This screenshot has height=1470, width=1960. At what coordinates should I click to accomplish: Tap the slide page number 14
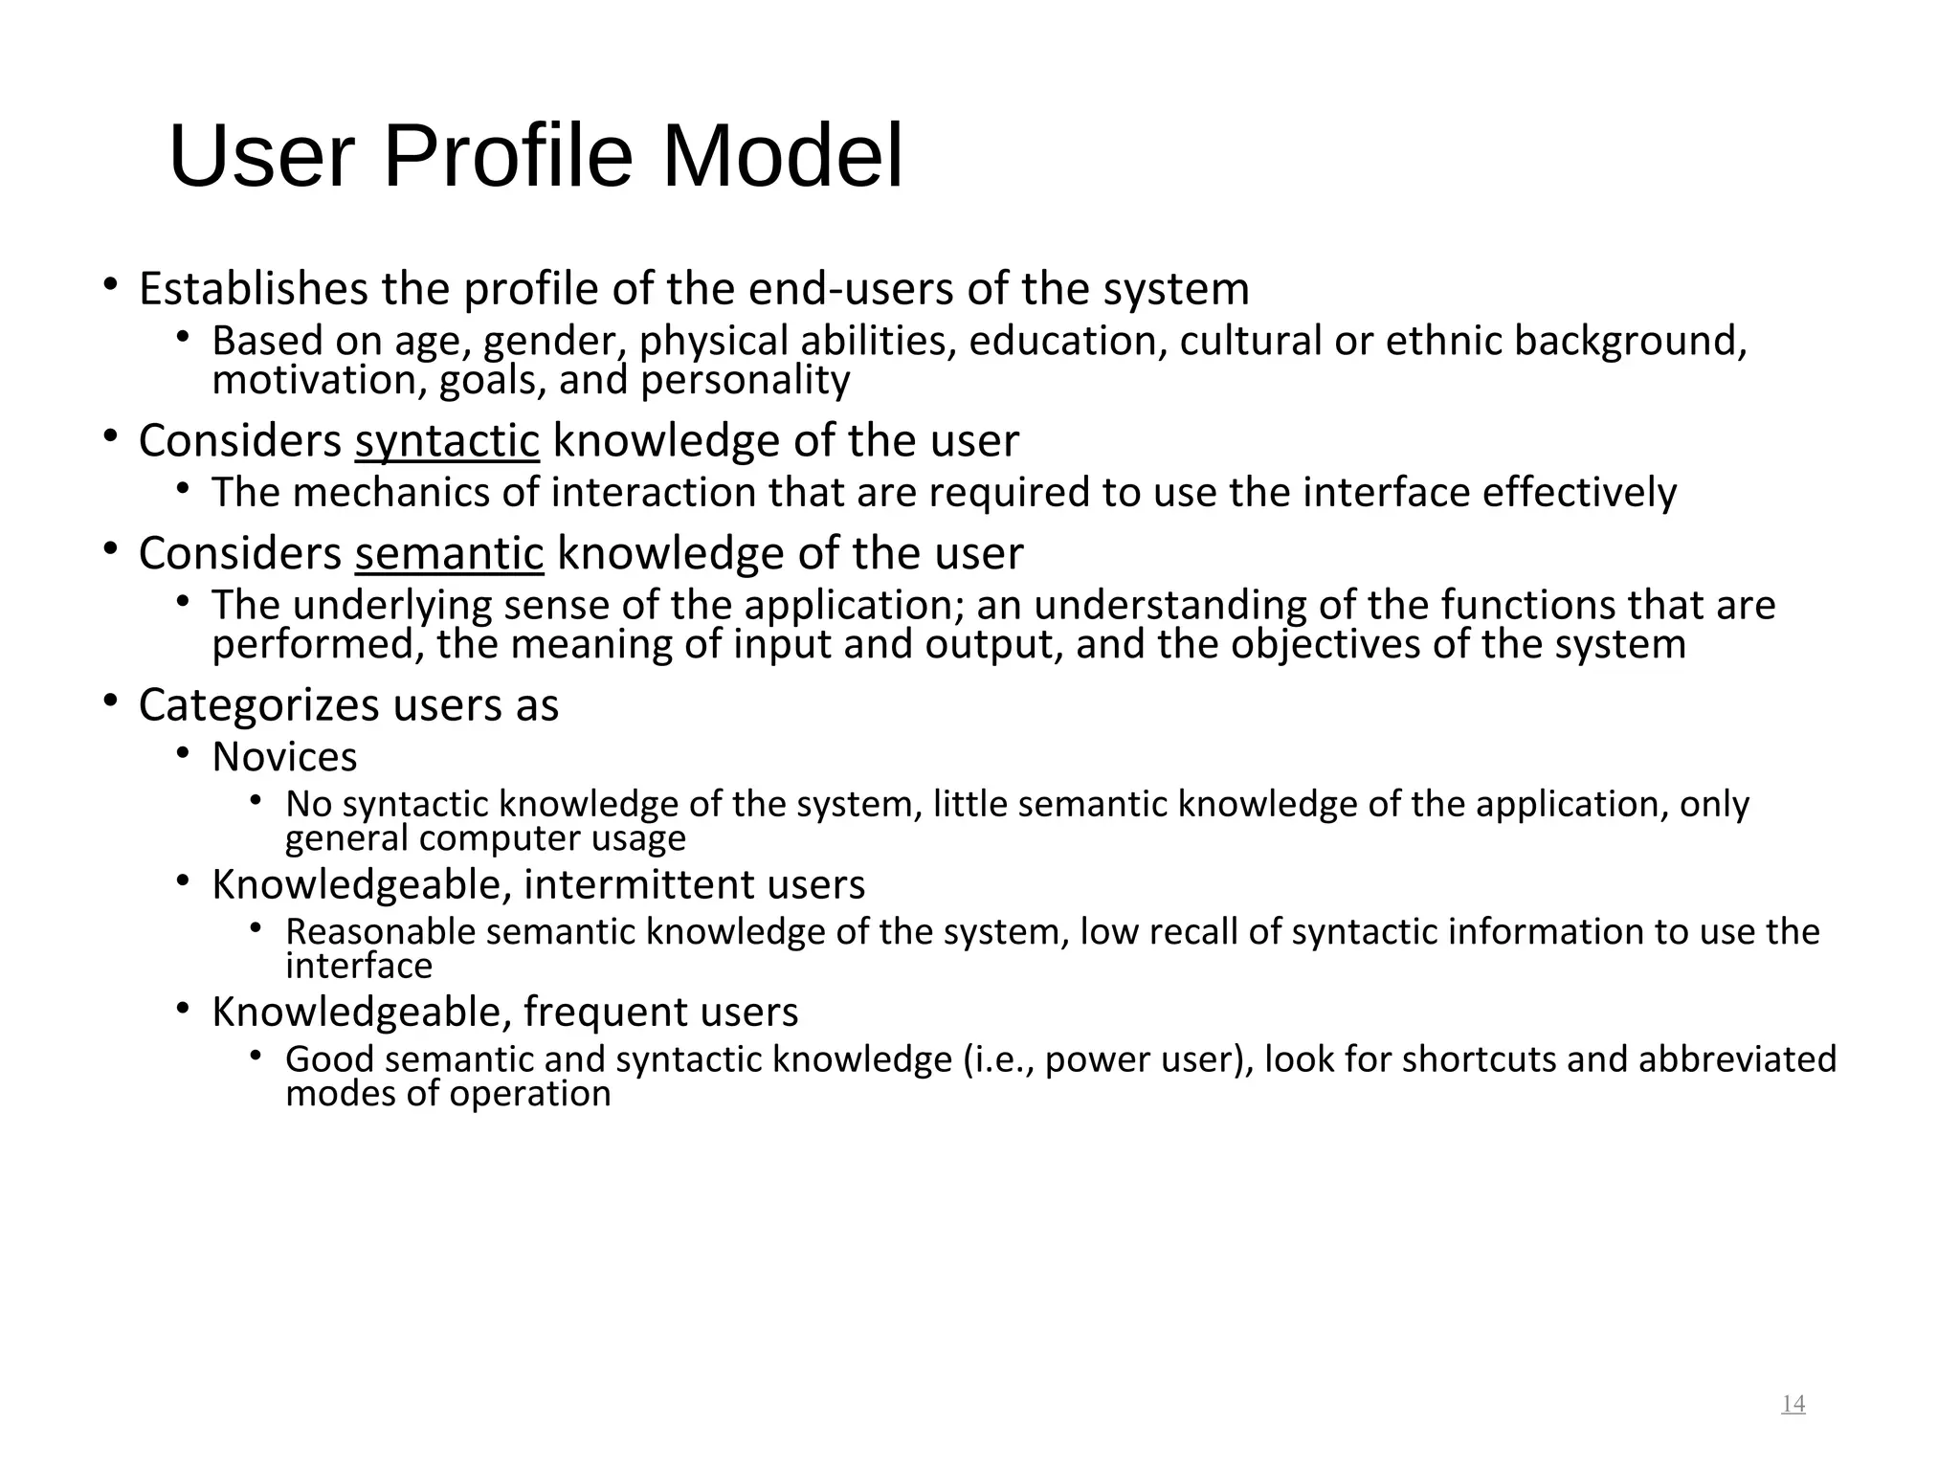[x=1793, y=1404]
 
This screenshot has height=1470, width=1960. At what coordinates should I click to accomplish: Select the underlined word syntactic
[x=447, y=441]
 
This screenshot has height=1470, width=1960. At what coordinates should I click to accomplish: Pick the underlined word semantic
[x=449, y=553]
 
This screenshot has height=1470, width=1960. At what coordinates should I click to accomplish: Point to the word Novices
[x=284, y=757]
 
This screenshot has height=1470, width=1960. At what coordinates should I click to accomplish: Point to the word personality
[x=745, y=381]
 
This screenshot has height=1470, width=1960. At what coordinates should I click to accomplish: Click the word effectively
[x=1579, y=493]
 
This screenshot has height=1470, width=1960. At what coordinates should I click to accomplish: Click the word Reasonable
[x=380, y=931]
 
